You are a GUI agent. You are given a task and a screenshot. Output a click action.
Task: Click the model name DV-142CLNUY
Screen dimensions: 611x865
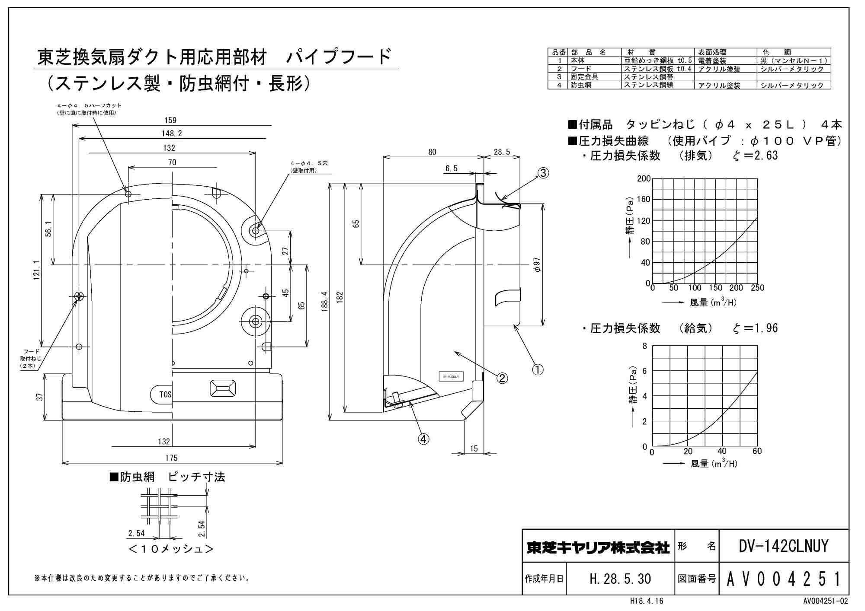[x=783, y=546]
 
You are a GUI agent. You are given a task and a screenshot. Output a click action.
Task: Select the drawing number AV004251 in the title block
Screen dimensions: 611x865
[x=783, y=579]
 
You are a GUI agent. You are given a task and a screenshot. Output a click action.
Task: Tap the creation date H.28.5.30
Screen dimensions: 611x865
[x=620, y=579]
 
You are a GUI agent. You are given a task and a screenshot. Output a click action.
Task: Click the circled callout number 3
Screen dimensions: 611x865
[x=543, y=173]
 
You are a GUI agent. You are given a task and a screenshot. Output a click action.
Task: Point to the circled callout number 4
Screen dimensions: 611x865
[x=423, y=439]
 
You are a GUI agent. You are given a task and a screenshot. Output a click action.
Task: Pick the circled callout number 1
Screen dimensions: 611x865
[x=537, y=369]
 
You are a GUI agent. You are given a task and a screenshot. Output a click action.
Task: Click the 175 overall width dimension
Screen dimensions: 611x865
[x=171, y=458]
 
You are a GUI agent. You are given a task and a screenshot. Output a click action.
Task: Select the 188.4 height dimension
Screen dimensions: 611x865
[x=325, y=301]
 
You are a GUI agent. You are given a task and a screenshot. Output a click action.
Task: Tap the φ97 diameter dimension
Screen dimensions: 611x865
[x=537, y=264]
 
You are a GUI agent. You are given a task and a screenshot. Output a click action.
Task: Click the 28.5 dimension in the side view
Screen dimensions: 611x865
[x=502, y=152]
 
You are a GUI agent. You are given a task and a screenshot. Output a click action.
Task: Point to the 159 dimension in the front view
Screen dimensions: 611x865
[x=170, y=120]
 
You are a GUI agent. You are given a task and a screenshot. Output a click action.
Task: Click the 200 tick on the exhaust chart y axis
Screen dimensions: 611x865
[x=644, y=178]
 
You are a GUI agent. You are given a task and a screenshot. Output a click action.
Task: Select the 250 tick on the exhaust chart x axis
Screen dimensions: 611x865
[x=757, y=288]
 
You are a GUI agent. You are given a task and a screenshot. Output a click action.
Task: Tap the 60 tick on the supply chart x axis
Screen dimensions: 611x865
[x=757, y=451]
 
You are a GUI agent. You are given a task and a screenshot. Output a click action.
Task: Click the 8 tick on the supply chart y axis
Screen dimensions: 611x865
[x=645, y=346]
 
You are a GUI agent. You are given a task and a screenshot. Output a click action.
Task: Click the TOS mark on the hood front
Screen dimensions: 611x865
[x=165, y=395]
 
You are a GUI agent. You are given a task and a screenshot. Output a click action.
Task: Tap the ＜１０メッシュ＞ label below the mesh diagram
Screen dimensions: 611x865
[x=171, y=549]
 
